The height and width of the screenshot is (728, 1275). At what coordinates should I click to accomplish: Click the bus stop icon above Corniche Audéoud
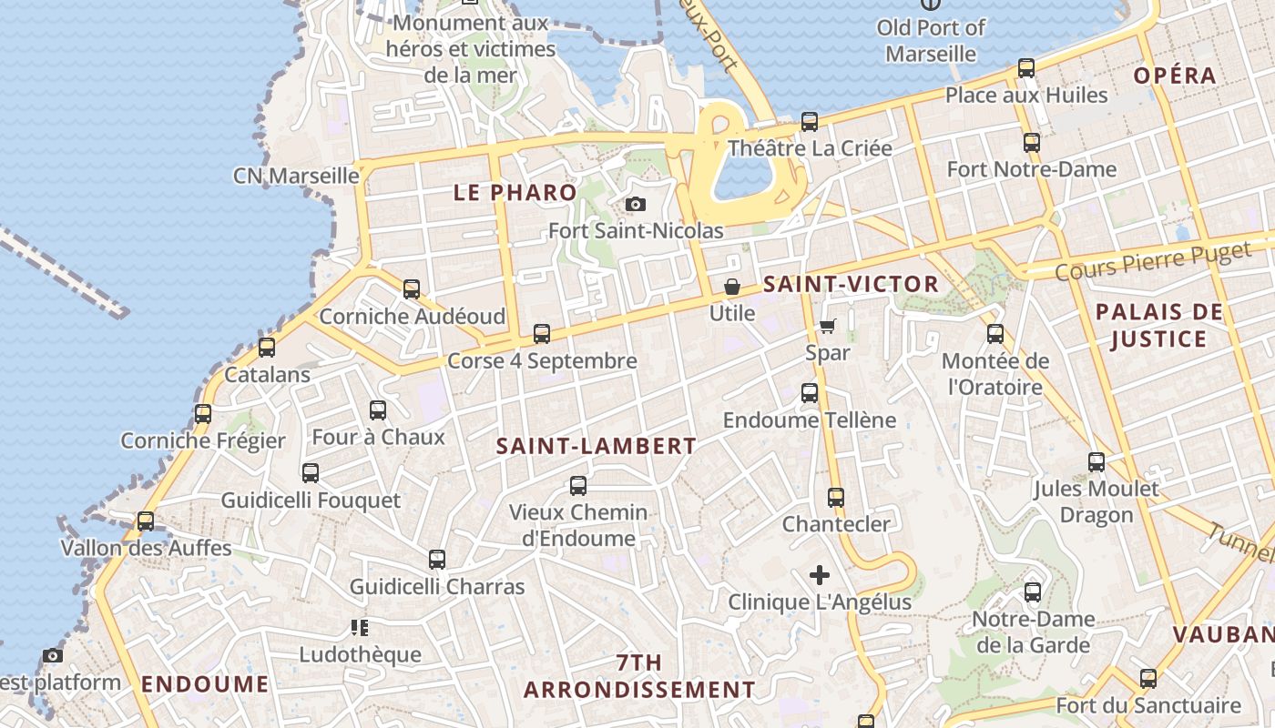pos(412,289)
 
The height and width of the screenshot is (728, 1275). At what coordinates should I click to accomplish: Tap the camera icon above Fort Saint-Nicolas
pos(636,204)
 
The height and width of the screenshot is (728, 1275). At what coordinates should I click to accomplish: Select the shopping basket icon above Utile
pos(732,287)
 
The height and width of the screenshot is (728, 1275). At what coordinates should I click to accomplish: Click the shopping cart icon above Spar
pos(827,326)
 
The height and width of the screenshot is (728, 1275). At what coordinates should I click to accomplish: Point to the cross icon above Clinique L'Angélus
pos(820,575)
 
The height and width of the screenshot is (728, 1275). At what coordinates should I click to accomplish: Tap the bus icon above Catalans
pos(267,347)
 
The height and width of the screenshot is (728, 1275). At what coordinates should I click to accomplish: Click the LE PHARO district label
pos(515,193)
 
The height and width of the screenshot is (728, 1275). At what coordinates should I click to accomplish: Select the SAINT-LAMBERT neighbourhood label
pos(597,446)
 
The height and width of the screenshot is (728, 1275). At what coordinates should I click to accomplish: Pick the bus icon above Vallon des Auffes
pos(146,521)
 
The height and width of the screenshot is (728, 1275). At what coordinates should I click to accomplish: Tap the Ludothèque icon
pos(360,628)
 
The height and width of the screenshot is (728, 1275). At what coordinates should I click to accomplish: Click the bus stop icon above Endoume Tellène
pos(810,393)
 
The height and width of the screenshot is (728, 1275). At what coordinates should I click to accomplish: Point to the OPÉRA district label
pos(1175,76)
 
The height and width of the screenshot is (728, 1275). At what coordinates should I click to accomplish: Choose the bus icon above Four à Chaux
pos(378,410)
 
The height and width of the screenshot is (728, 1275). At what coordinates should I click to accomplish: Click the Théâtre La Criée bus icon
pos(809,121)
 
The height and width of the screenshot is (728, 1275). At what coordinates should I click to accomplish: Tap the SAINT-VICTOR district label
pos(851,284)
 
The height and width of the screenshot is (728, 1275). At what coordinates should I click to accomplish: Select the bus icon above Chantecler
pos(836,498)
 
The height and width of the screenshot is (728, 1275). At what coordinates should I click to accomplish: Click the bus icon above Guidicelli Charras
pos(437,560)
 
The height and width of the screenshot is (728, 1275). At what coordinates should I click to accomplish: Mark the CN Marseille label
pos(296,176)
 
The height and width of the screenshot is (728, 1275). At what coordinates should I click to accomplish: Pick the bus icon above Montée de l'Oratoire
pos(995,334)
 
